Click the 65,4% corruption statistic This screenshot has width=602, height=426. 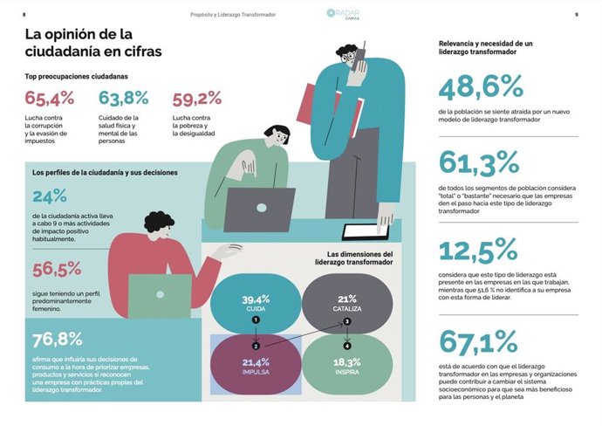tap(49, 98)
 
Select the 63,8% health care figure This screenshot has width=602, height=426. tap(123, 98)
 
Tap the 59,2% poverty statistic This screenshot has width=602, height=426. tap(197, 98)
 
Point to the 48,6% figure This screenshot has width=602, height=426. tap(480, 87)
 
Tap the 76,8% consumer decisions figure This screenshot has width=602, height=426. tap(58, 340)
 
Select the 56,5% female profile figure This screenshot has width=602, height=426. tap(58, 268)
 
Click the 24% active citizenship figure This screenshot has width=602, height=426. tap(49, 196)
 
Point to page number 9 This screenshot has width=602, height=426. tap(577, 15)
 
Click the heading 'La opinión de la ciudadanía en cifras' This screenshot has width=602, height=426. tap(90, 43)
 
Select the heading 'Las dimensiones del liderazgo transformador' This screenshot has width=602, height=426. tap(353, 259)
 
